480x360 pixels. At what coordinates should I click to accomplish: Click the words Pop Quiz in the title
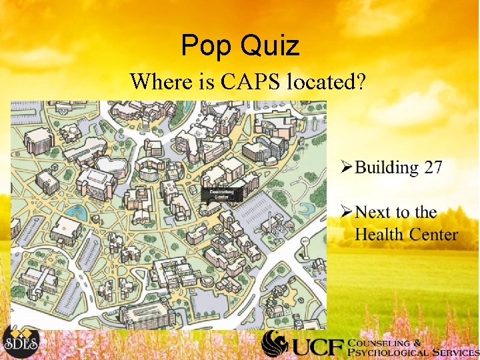pos(240,45)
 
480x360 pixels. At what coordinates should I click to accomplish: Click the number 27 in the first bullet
pos(433,167)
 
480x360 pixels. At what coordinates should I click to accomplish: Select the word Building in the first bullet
pos(387,167)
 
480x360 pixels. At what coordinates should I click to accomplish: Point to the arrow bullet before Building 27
pos(346,167)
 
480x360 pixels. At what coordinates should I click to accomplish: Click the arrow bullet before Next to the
pos(346,213)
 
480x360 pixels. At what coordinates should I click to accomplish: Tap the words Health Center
pos(406,235)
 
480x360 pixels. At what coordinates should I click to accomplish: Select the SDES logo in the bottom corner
pos(21,341)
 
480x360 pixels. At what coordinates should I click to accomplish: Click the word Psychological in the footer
pos(387,352)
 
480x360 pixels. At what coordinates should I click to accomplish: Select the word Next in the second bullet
pos(373,213)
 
